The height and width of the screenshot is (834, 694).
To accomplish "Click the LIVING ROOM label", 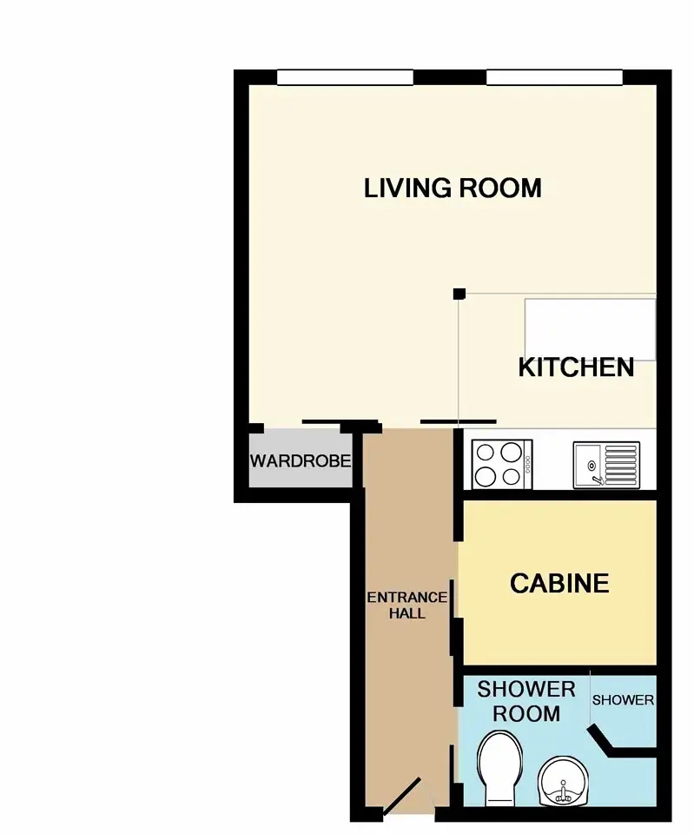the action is pyautogui.click(x=453, y=189).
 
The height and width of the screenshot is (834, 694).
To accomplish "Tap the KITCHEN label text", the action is pyautogui.click(x=577, y=367).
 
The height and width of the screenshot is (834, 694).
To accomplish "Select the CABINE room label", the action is pyautogui.click(x=559, y=584).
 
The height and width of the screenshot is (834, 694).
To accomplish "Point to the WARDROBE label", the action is pyautogui.click(x=301, y=460).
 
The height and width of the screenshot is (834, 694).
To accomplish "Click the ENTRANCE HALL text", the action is pyautogui.click(x=406, y=606).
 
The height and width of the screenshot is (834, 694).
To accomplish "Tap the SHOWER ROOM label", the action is pyautogui.click(x=526, y=702).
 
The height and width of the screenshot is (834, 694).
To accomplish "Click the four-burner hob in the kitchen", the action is pyautogui.click(x=502, y=463).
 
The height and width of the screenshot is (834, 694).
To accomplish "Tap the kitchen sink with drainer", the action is pyautogui.click(x=606, y=464).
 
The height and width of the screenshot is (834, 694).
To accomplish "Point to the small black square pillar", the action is pyautogui.click(x=459, y=294).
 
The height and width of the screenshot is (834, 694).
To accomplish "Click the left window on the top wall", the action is pyautogui.click(x=345, y=77).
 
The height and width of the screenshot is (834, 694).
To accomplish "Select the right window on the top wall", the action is pyautogui.click(x=554, y=77).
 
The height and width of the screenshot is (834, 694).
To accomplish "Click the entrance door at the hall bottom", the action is pyautogui.click(x=402, y=797).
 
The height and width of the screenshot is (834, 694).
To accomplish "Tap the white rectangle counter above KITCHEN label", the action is pyautogui.click(x=591, y=330).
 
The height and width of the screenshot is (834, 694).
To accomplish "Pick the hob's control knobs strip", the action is pyautogui.click(x=527, y=464).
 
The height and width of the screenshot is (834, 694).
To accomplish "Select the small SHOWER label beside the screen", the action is pyautogui.click(x=623, y=700).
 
